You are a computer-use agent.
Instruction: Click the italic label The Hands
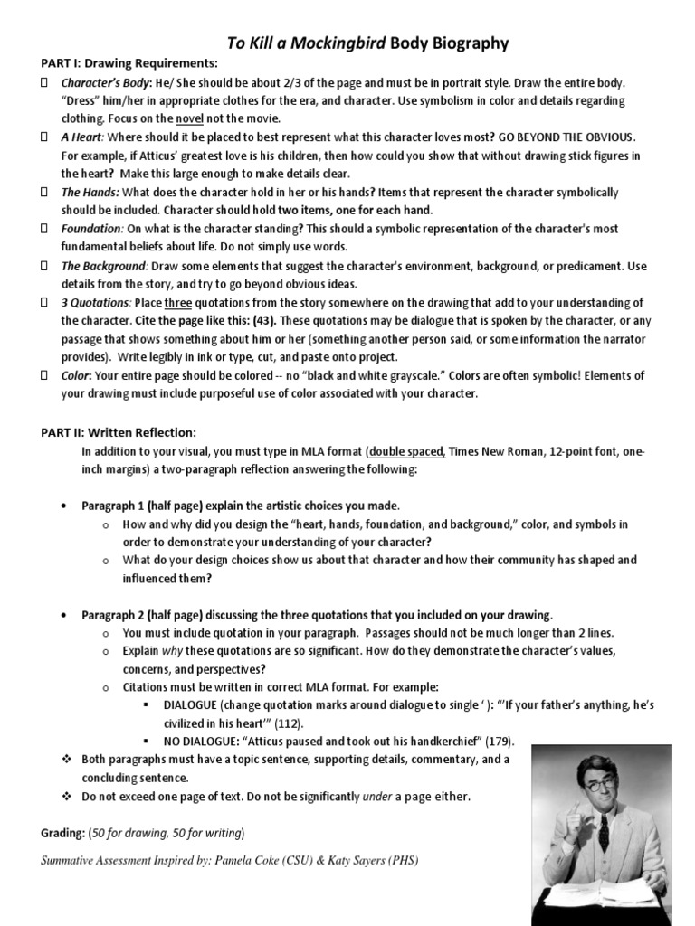tap(89, 193)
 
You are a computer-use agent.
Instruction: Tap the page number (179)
tap(499, 742)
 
